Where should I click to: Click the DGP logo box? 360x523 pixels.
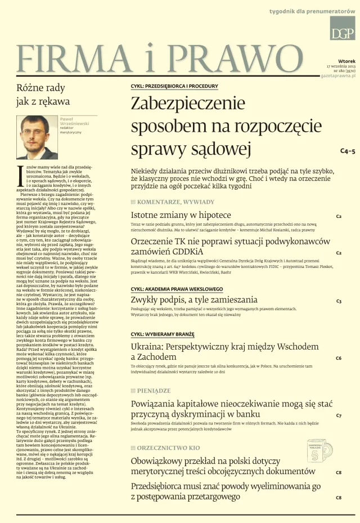[x=343, y=28]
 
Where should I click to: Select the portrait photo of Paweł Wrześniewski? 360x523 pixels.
[x=37, y=137]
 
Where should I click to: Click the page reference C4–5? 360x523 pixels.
[x=348, y=151]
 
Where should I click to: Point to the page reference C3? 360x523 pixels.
[x=339, y=301]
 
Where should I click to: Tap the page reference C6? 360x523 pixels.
[x=339, y=358]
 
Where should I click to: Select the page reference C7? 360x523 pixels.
[x=339, y=415]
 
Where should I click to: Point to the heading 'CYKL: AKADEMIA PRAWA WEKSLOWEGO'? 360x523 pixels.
[x=177, y=289]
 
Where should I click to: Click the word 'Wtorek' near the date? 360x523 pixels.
[x=346, y=60]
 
